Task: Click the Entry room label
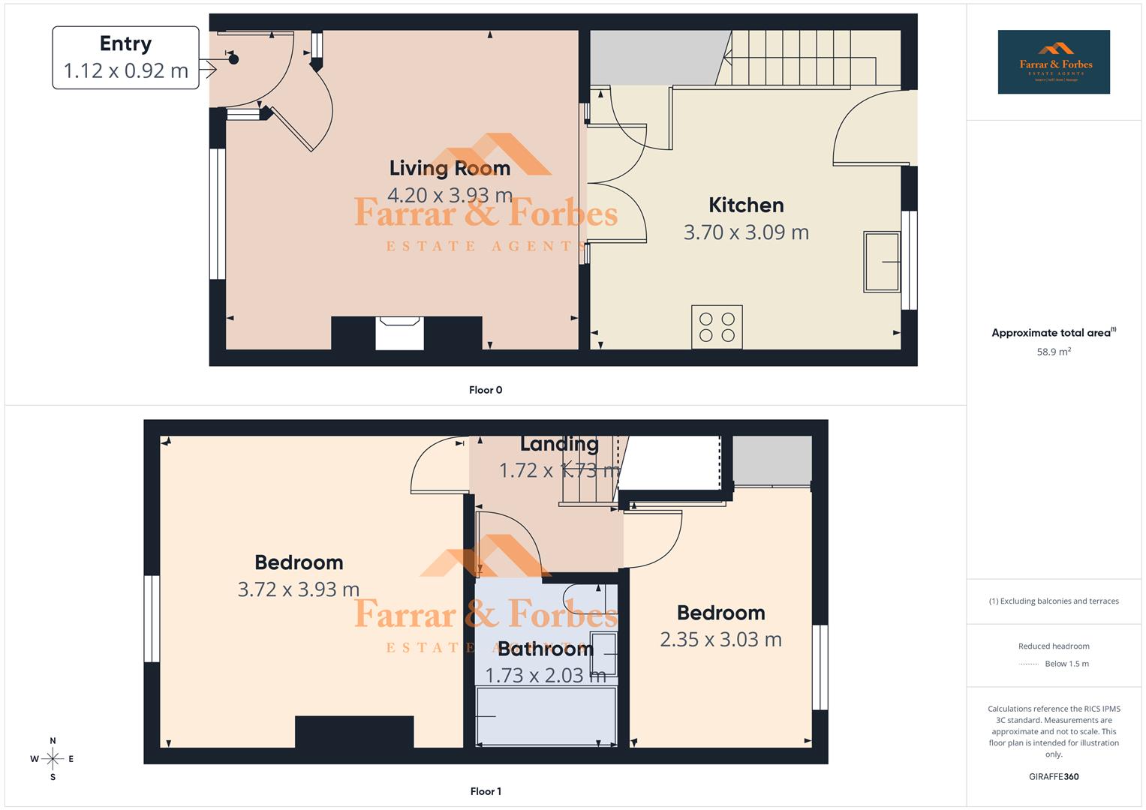point(125,43)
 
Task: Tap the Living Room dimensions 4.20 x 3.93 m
point(450,196)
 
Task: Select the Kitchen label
point(746,205)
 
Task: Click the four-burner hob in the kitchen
point(717,327)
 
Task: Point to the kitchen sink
point(881,262)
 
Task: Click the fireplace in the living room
point(399,332)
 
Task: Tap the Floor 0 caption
point(486,390)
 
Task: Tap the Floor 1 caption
point(486,791)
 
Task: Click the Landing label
point(559,444)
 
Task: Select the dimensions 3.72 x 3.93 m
point(299,589)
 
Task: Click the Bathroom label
point(546,649)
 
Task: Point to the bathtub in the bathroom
point(546,715)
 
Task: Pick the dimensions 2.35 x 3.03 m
point(720,640)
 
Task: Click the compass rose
point(53,759)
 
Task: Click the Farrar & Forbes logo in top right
point(1054,62)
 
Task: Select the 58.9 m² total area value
point(1054,352)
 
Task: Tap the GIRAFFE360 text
point(1054,777)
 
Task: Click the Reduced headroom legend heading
point(1054,646)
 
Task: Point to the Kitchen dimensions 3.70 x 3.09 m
point(746,232)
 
